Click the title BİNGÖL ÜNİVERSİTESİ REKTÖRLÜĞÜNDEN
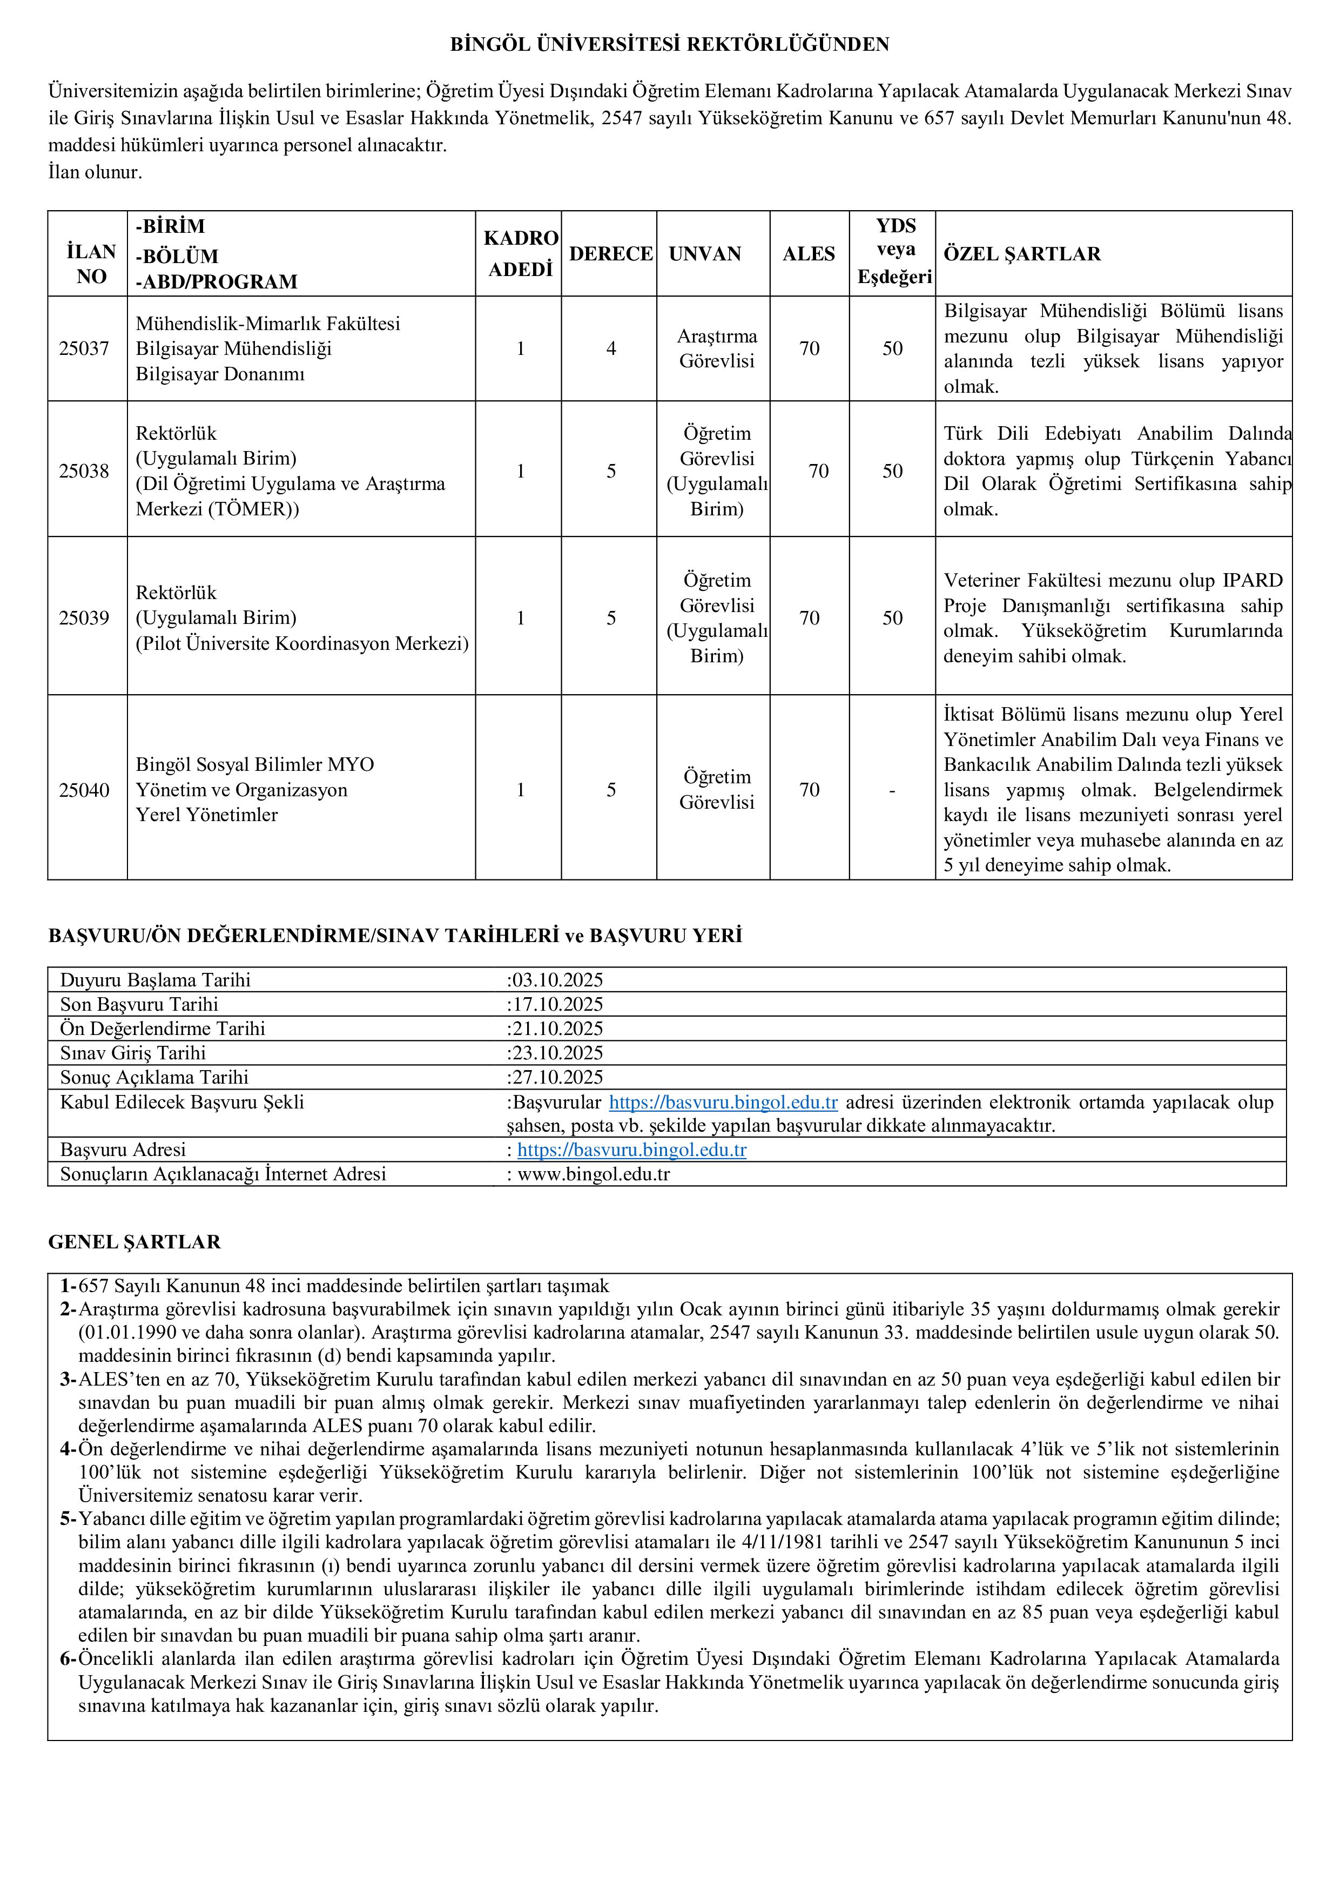pyautogui.click(x=669, y=45)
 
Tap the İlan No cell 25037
pyautogui.click(x=83, y=348)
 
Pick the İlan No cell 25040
pyautogui.click(x=83, y=790)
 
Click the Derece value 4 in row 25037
pyautogui.click(x=611, y=348)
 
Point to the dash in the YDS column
pyautogui.click(x=892, y=790)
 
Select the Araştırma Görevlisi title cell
pyautogui.click(x=716, y=348)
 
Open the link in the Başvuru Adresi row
pyautogui.click(x=631, y=1150)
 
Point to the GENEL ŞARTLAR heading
pyautogui.click(x=134, y=1241)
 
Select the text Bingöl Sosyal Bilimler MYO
pyautogui.click(x=255, y=764)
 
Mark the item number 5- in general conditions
pyautogui.click(x=68, y=1518)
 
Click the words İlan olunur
pyautogui.click(x=95, y=172)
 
